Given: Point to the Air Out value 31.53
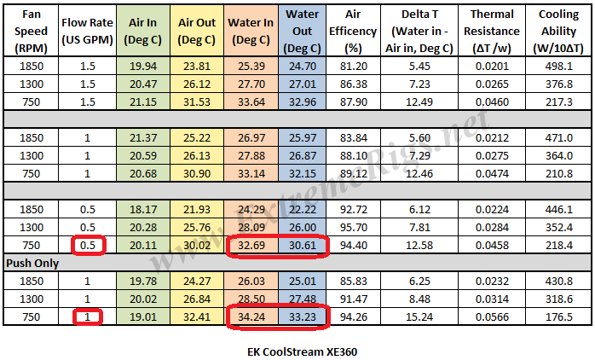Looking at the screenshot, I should click(x=196, y=101).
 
